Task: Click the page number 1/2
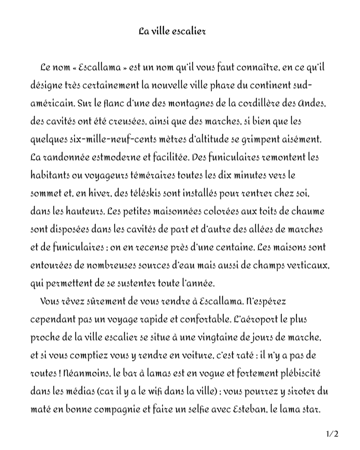332,434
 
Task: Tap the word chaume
307,211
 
